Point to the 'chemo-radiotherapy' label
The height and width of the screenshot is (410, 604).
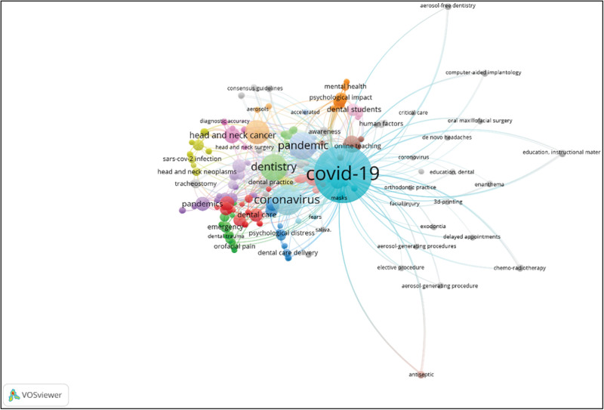click(519, 268)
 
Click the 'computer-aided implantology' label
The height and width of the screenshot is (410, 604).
click(483, 72)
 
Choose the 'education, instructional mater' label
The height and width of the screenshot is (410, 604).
click(561, 153)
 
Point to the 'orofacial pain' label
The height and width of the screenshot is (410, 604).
click(235, 244)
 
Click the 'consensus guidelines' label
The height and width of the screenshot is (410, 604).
click(255, 88)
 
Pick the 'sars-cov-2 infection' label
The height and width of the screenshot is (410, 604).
click(192, 159)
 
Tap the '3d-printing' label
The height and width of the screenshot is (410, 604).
click(448, 202)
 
